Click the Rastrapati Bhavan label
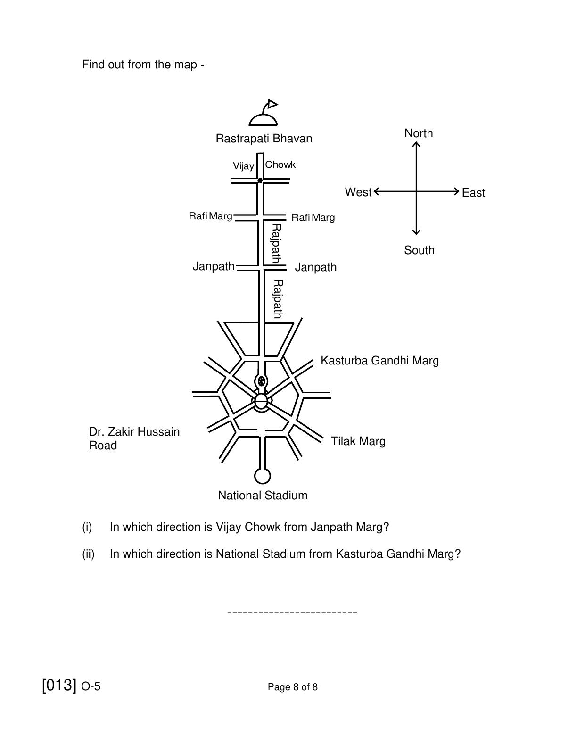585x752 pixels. [264, 139]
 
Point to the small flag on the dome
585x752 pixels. [272, 104]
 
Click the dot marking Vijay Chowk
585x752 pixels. [260, 181]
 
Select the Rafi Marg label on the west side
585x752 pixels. [210, 216]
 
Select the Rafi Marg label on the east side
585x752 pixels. [313, 217]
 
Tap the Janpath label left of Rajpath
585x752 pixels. [214, 266]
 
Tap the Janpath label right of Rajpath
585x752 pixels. [315, 267]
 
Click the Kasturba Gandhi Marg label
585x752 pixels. [379, 361]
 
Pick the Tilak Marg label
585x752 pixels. [358, 441]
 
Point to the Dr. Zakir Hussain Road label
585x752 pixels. [134, 438]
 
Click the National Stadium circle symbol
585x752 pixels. [262, 476]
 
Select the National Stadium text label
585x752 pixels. [263, 496]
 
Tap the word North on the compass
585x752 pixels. [419, 133]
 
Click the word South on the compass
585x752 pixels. [419, 250]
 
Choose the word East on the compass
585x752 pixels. [473, 193]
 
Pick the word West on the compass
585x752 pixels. [358, 192]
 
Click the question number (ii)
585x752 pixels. [88, 554]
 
